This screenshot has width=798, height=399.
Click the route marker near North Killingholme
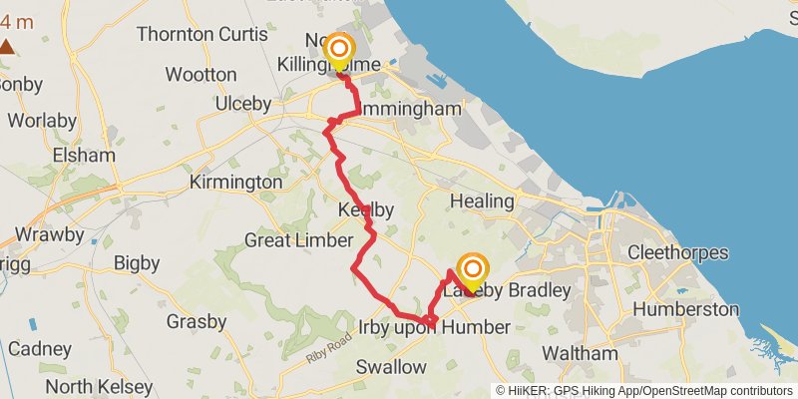(x=340, y=50)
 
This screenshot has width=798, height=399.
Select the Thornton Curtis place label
(x=189, y=34)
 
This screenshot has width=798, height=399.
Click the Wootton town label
(x=200, y=75)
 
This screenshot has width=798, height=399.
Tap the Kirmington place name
(x=235, y=183)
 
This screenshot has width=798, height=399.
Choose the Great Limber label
(x=298, y=240)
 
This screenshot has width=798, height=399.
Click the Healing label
(x=482, y=201)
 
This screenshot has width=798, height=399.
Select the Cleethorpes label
(x=678, y=252)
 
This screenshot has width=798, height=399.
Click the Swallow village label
(x=391, y=367)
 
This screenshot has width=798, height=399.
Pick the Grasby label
(x=197, y=321)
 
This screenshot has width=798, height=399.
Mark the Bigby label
(x=137, y=263)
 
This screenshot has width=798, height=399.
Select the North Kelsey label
(x=100, y=386)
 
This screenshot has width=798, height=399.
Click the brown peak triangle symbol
(x=7, y=45)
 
